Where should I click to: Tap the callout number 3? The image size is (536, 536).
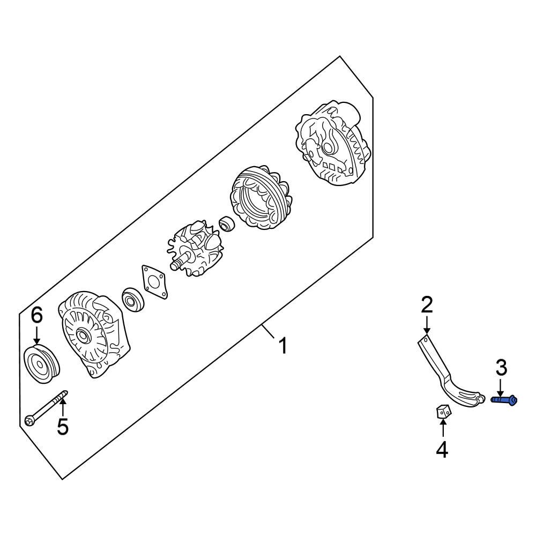pos(501,368)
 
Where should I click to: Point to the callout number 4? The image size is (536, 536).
pos(442,450)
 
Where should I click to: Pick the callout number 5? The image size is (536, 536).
pos(63,427)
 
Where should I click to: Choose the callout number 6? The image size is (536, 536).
pos(36,316)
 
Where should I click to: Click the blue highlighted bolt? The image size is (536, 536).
pos(504,399)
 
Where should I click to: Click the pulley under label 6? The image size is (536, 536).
pos(42,364)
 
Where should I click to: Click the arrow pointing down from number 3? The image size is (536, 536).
pos(501,387)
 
